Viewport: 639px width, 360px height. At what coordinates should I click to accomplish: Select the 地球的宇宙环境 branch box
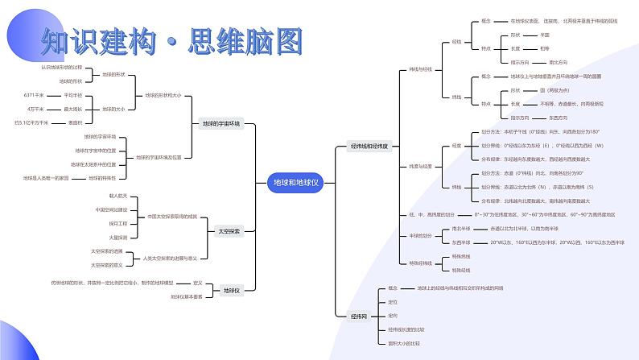(x=221, y=125)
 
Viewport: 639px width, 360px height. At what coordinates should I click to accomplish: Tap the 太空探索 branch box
(x=228, y=231)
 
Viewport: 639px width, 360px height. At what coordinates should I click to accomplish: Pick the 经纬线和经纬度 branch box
(x=369, y=147)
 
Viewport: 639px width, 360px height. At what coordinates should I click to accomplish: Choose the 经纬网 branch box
(x=359, y=317)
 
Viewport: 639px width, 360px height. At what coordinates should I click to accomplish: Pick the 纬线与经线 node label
(x=421, y=69)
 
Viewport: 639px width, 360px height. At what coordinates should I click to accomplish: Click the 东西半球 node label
(x=462, y=242)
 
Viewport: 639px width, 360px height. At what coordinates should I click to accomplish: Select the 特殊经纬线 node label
(x=421, y=263)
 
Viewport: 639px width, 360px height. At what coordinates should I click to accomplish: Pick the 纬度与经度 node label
(x=421, y=166)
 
